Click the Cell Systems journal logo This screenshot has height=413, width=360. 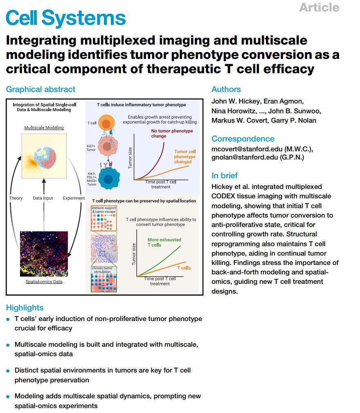pos(66,18)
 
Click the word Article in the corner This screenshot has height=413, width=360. pos(319,7)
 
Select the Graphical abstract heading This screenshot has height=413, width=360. pos(40,90)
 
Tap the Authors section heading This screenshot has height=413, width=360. pos(226,90)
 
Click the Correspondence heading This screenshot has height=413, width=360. pos(243,139)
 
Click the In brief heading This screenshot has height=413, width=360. pos(225,175)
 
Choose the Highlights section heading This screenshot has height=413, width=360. pos(25,308)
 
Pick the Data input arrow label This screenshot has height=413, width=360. pos(43,198)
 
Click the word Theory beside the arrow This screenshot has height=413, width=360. pos(16,198)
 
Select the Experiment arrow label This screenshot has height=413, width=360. pos(74,198)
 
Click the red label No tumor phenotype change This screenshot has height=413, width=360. pos(166,133)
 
